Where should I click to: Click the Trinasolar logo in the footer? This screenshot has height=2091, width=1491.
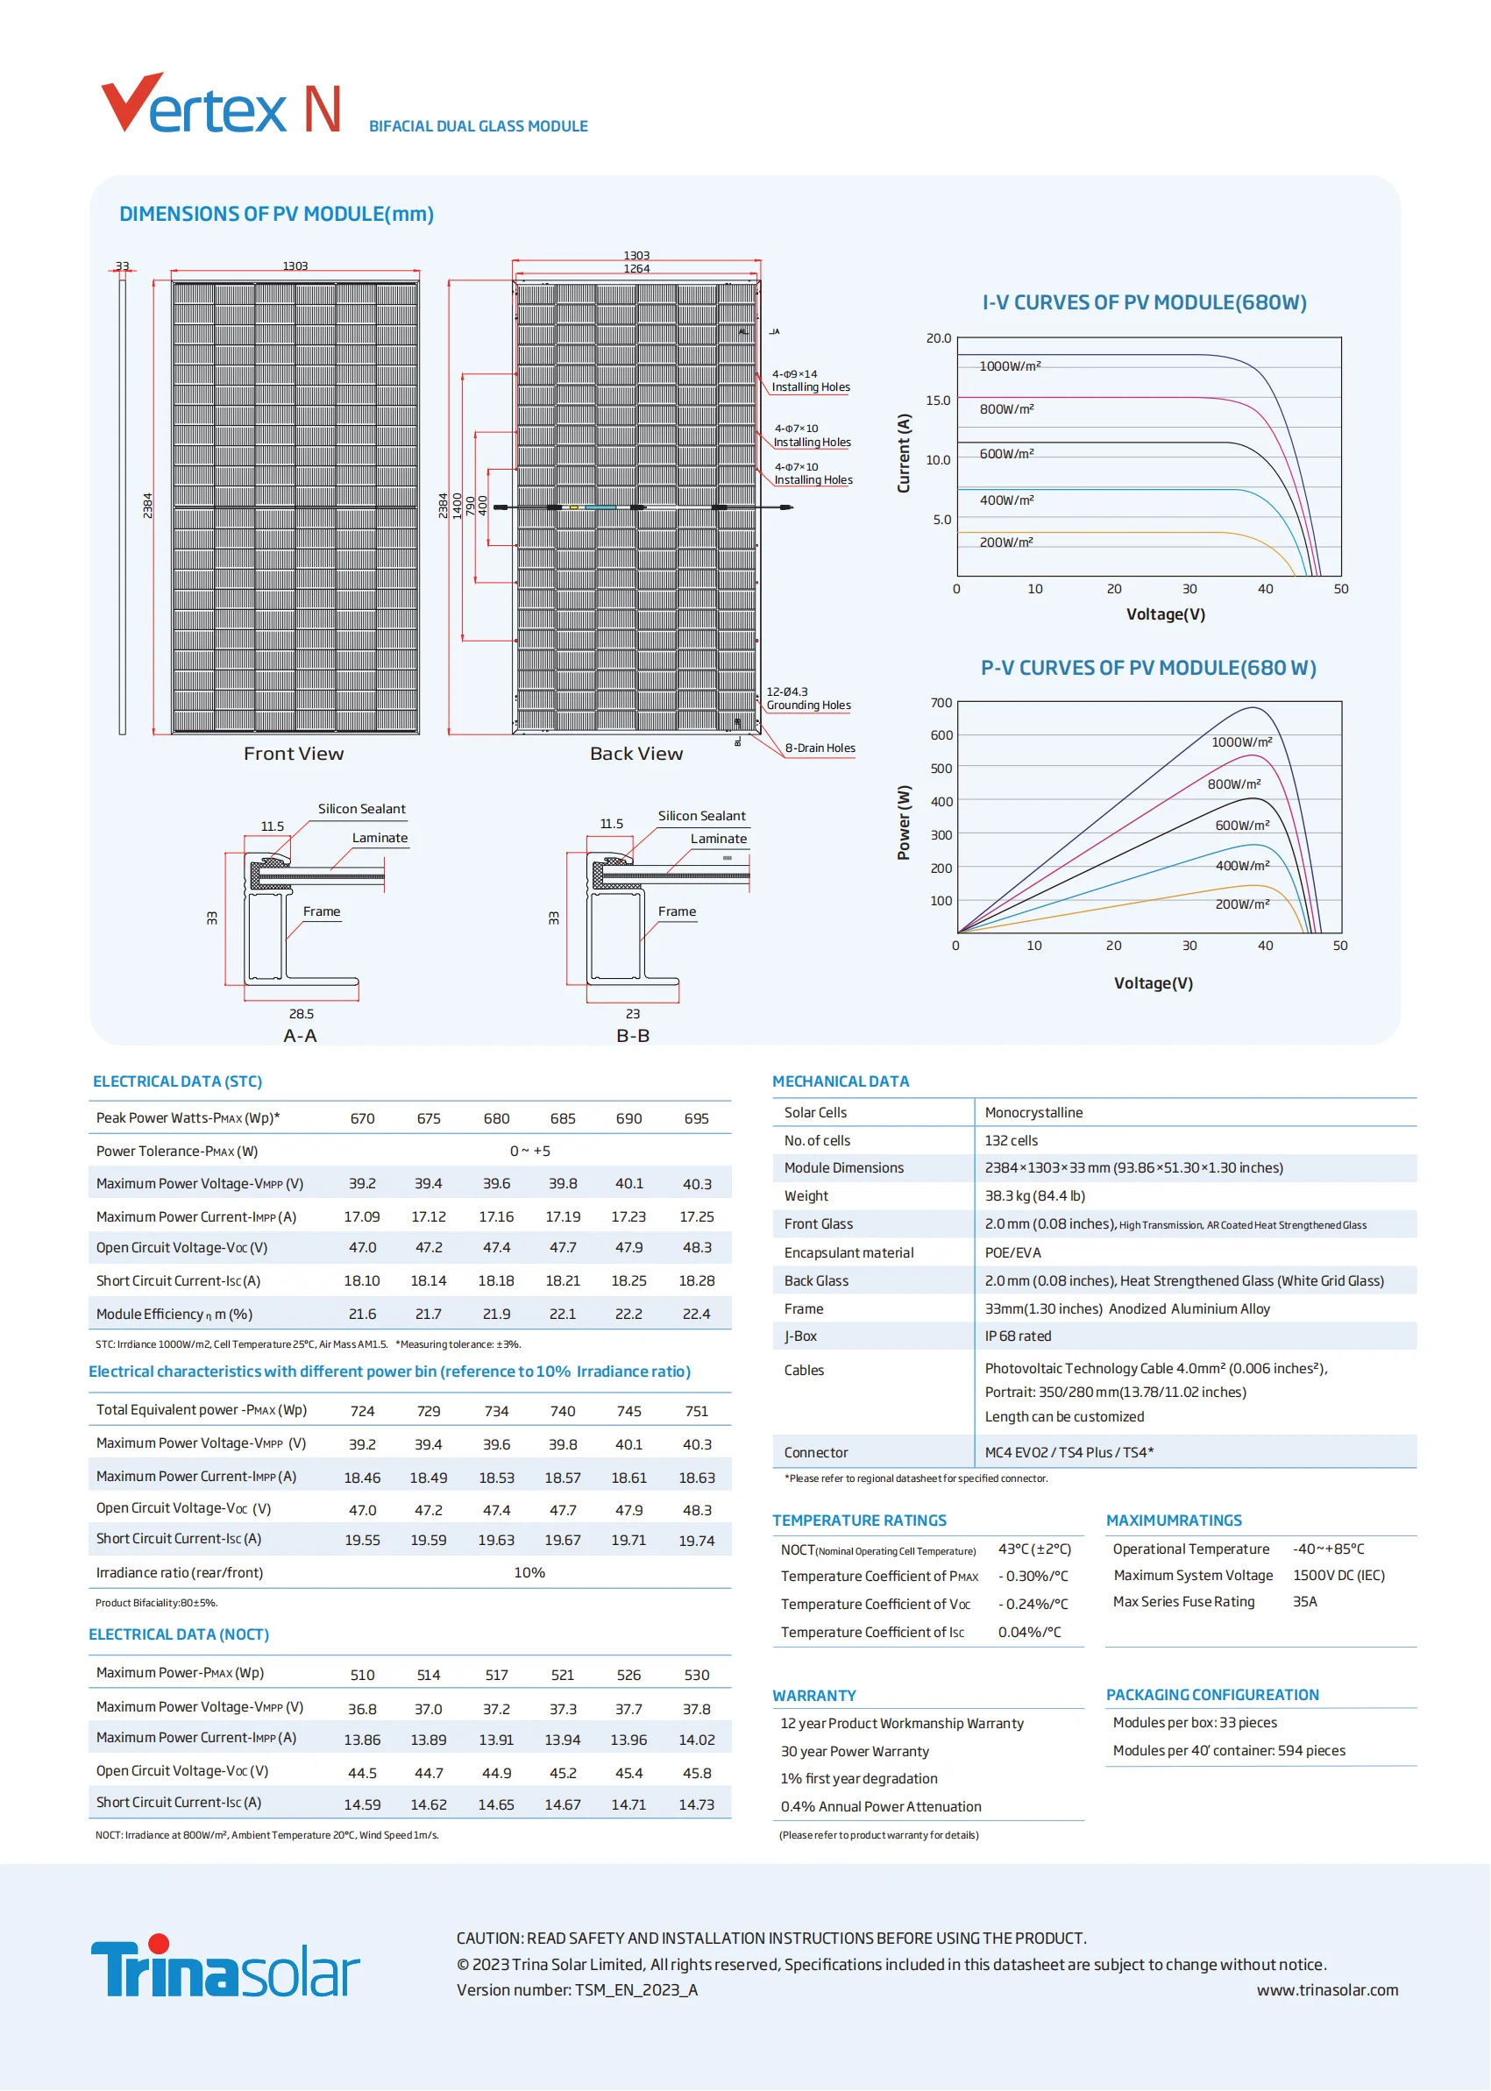coord(225,1967)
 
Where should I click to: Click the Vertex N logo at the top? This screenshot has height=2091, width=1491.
coord(221,104)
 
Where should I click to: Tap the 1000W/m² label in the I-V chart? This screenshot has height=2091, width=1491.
coord(1010,366)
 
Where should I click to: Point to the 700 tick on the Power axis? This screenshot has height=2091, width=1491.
coord(941,703)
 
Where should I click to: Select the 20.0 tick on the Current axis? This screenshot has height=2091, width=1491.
coord(938,338)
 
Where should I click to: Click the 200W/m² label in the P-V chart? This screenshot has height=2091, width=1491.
coord(1242,904)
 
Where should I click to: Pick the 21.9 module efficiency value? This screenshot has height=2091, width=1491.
coord(496,1315)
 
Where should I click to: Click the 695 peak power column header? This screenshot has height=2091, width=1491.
coord(696,1119)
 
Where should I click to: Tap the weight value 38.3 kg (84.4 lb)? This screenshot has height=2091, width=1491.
coord(1034,1196)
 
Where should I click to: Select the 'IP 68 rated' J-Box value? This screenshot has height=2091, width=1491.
coord(1019,1336)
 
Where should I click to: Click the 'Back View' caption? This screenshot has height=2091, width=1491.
coord(636,754)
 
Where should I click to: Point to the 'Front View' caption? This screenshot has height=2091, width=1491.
coord(294,754)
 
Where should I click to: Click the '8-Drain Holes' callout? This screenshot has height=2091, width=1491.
coord(820,748)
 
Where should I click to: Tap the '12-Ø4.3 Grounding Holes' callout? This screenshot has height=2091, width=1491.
coord(808,698)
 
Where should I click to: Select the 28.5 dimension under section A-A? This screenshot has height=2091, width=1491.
coord(302,1014)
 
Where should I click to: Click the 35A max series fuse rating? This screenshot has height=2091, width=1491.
coord(1304,1602)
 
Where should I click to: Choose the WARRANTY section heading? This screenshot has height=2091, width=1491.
coord(814,1696)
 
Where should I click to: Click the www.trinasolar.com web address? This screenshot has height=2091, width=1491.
coord(1327,1990)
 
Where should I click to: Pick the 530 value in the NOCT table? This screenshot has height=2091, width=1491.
coord(696,1676)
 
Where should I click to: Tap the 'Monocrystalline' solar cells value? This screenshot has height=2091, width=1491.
coord(1033,1112)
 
